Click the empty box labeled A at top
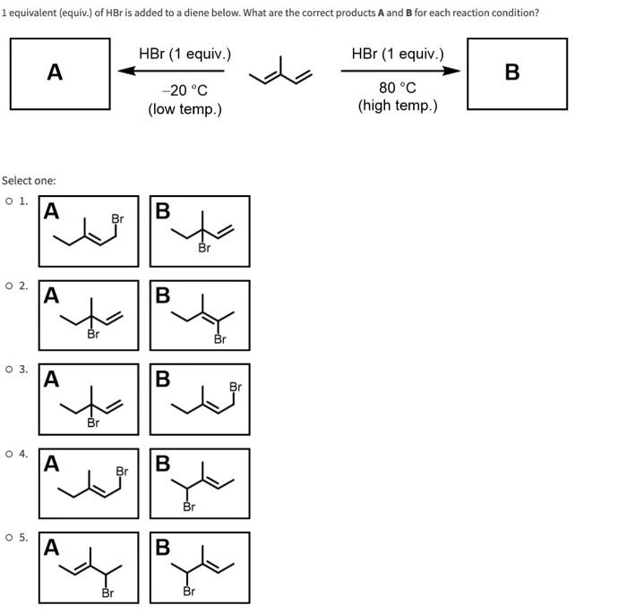60,73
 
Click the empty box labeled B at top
517,73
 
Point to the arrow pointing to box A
171,72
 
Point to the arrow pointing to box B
401,72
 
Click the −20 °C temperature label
185,90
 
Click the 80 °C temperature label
398,89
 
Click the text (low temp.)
185,109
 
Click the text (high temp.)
398,107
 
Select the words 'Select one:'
29,181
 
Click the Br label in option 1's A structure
117,218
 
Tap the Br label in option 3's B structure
236,388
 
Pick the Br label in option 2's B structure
220,340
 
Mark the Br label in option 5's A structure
107,592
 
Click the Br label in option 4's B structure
189,507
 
